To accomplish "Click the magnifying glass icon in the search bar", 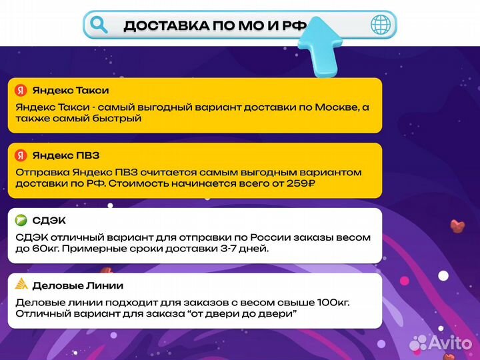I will [x=99, y=25].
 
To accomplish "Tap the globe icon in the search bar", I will [x=381, y=25].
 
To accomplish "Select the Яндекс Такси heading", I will [x=71, y=90].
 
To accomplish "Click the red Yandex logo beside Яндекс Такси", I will [x=21, y=90].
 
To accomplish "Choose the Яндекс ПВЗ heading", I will [x=66, y=155].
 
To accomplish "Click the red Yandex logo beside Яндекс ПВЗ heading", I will [x=21, y=155].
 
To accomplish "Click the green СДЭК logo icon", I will [x=21, y=221].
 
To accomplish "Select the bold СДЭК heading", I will [x=49, y=221].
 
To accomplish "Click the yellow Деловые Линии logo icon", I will [x=21, y=285].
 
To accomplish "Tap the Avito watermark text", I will [x=451, y=342].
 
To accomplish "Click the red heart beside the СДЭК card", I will [x=457, y=226].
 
